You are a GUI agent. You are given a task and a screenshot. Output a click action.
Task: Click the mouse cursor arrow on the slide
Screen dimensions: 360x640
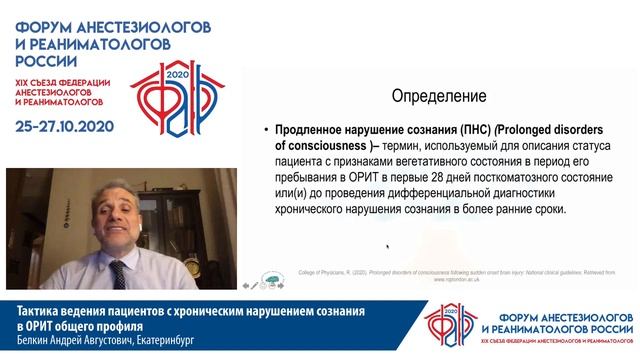(387, 246)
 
